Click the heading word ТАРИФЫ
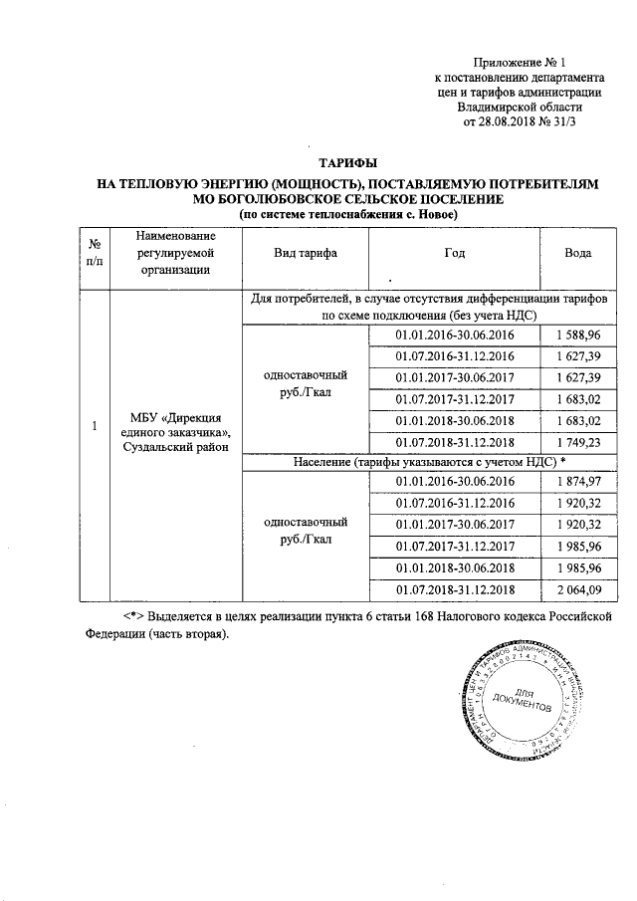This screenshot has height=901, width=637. point(348,162)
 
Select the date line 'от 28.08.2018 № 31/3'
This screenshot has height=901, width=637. point(521,122)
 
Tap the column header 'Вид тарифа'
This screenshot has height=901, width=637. point(305,253)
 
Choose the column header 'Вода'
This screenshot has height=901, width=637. point(578,253)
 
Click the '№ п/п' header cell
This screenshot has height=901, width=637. point(94,253)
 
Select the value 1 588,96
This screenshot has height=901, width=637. point(578,335)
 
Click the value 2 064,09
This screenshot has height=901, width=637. point(578,590)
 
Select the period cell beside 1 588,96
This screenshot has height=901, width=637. point(454,335)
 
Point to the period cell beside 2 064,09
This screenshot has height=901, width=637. point(454,590)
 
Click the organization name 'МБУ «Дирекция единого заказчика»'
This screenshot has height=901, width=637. point(175,424)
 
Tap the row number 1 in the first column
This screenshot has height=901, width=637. point(94,426)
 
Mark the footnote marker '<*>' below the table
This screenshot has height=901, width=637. point(123,616)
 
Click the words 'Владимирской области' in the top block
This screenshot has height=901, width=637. point(521,108)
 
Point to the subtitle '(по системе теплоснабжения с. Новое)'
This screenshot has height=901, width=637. point(348,214)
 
